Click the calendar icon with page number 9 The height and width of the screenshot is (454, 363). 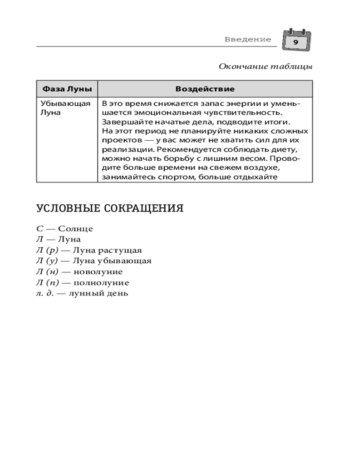click(x=296, y=40)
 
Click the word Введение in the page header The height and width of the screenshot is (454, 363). click(x=247, y=40)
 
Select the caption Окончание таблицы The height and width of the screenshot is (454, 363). click(x=265, y=67)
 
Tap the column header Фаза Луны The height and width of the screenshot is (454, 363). click(x=67, y=88)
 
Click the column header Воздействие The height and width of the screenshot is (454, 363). click(x=205, y=88)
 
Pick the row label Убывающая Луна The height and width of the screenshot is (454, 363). click(x=59, y=108)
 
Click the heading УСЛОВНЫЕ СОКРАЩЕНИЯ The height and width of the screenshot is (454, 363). click(x=109, y=209)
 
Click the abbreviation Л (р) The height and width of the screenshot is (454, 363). click(x=47, y=250)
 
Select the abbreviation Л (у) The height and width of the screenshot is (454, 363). click(x=47, y=261)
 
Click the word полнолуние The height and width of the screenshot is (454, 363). click(x=101, y=283)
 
